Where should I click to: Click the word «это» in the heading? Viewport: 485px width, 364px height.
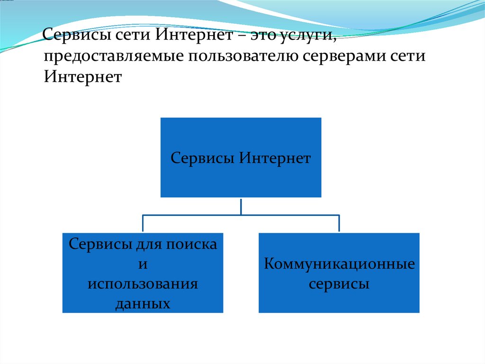coord(266,37)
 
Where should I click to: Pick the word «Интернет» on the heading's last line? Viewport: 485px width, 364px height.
coord(83,76)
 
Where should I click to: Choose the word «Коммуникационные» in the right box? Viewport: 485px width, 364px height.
coord(339,264)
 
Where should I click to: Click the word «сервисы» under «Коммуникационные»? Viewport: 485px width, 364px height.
coord(339,285)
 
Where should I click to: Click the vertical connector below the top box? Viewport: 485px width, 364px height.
coord(241,206)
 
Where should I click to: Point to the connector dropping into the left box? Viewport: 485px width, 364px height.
coord(143,224)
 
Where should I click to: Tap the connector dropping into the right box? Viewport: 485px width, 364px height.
coord(339,224)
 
